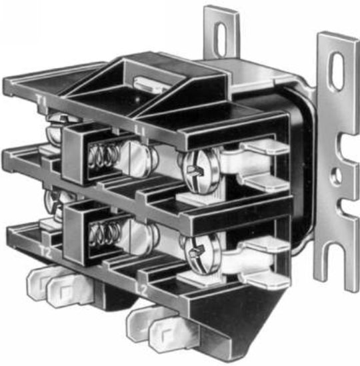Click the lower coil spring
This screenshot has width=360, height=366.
tap(102, 233)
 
